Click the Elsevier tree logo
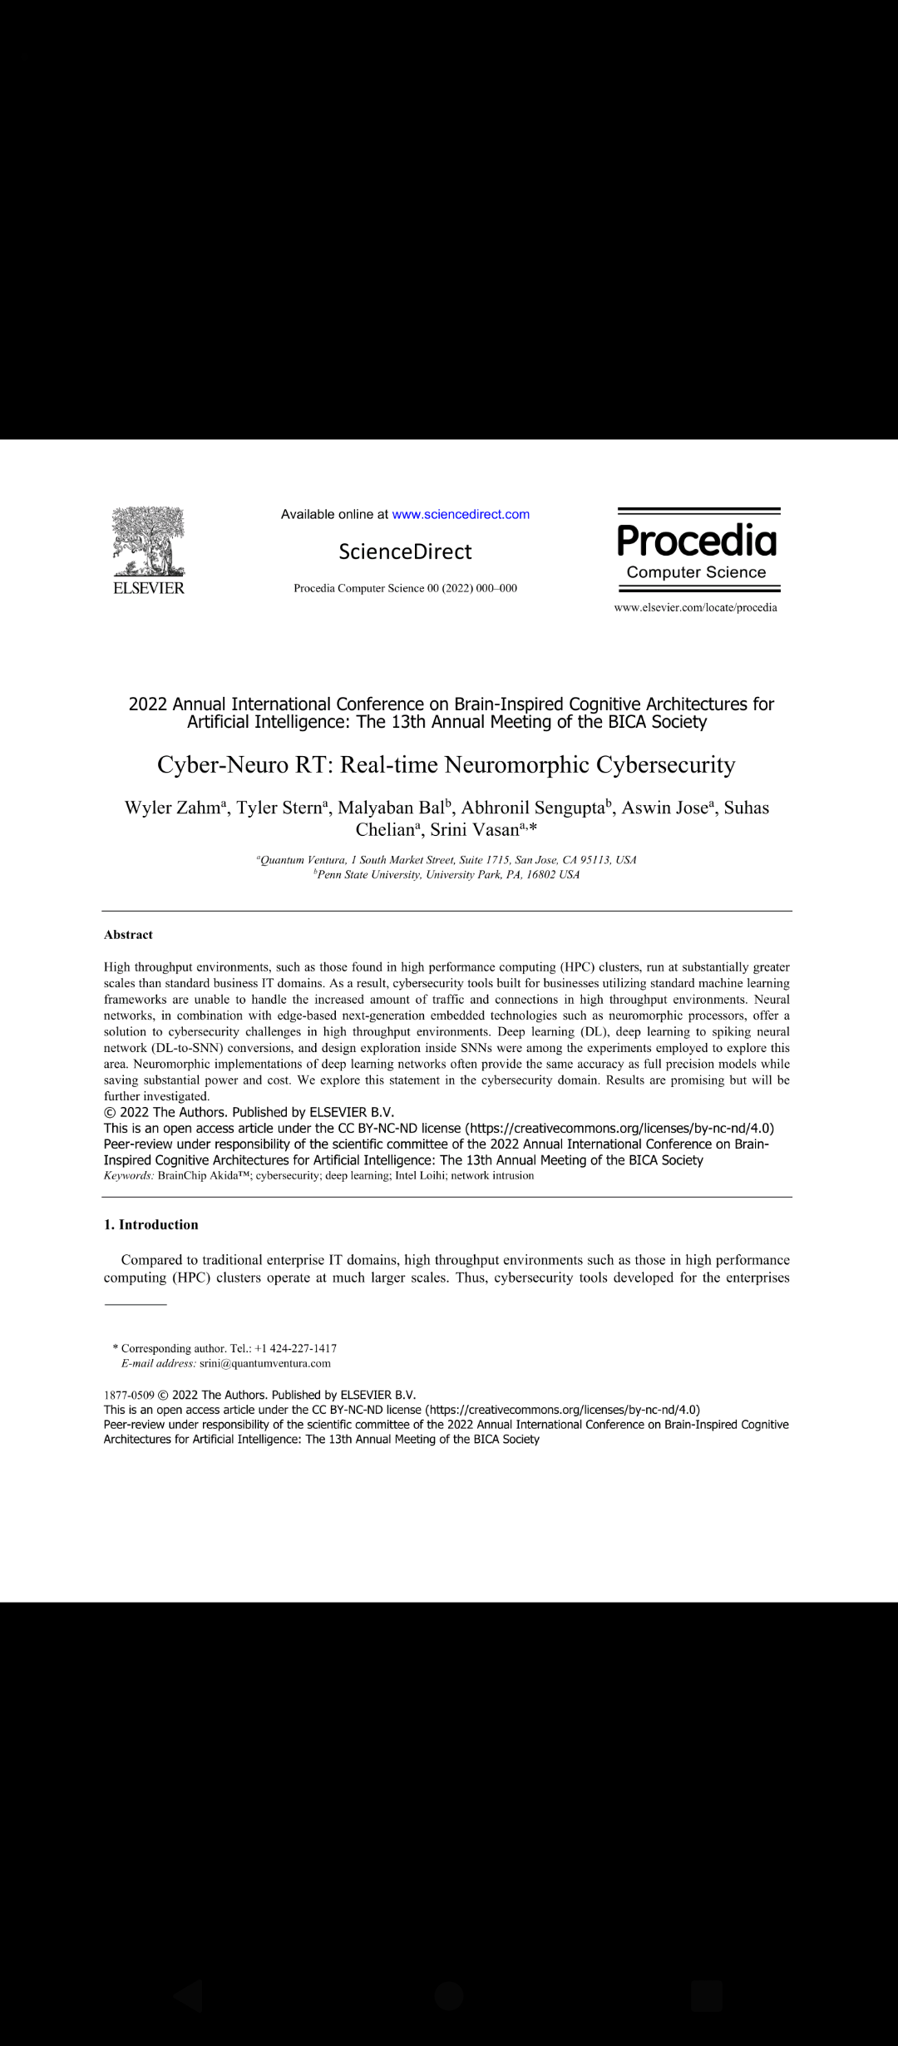click(148, 541)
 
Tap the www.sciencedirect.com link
click(461, 514)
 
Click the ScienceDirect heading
click(405, 551)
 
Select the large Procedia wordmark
click(697, 541)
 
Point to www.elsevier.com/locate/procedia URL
click(695, 607)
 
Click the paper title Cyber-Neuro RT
click(447, 764)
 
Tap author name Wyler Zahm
click(172, 808)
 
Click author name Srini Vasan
click(475, 830)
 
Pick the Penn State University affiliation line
click(448, 874)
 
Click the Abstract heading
click(128, 935)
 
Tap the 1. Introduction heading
click(151, 1224)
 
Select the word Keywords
click(128, 1175)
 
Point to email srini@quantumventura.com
click(265, 1363)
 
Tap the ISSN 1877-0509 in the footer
click(129, 1395)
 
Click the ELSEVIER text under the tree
click(149, 588)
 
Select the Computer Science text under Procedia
click(696, 572)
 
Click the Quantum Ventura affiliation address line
click(448, 860)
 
